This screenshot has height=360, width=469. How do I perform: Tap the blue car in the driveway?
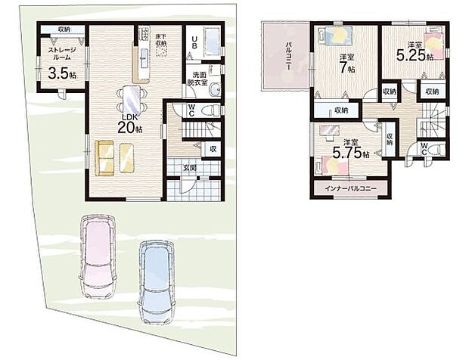pyautogui.click(x=156, y=276)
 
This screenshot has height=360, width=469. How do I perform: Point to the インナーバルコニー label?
pyautogui.click(x=350, y=187)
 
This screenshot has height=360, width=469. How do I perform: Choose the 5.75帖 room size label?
pyautogui.click(x=353, y=148)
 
